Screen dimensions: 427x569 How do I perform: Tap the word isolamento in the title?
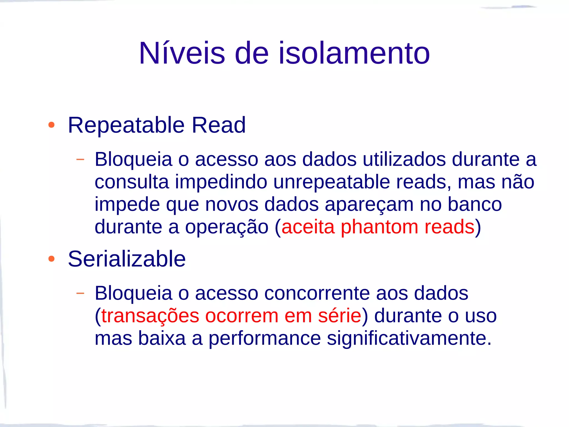(354, 53)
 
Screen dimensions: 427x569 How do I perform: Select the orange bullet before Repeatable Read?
(51, 125)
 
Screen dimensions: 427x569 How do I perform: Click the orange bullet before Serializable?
(51, 259)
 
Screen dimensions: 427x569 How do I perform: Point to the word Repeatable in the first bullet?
(126, 125)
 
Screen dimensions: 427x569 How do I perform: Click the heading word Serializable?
(127, 259)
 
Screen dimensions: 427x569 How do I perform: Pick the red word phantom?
(379, 227)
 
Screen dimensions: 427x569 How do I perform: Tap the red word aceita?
(308, 227)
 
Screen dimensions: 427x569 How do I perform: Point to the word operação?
(227, 227)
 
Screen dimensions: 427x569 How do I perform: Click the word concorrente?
(317, 293)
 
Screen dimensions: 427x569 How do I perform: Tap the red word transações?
(150, 316)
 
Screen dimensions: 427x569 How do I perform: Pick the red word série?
(340, 316)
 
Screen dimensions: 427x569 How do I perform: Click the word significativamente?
(409, 339)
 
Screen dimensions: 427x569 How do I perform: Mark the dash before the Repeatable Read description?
(80, 159)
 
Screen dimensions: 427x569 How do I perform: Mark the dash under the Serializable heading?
(80, 293)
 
